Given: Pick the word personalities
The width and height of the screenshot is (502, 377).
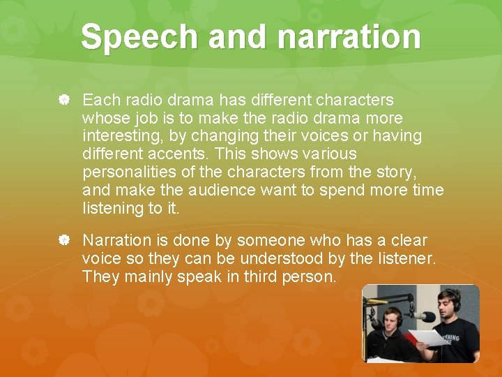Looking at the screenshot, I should coord(130,172).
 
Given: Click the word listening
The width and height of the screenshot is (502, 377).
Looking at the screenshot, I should coord(112,209).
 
